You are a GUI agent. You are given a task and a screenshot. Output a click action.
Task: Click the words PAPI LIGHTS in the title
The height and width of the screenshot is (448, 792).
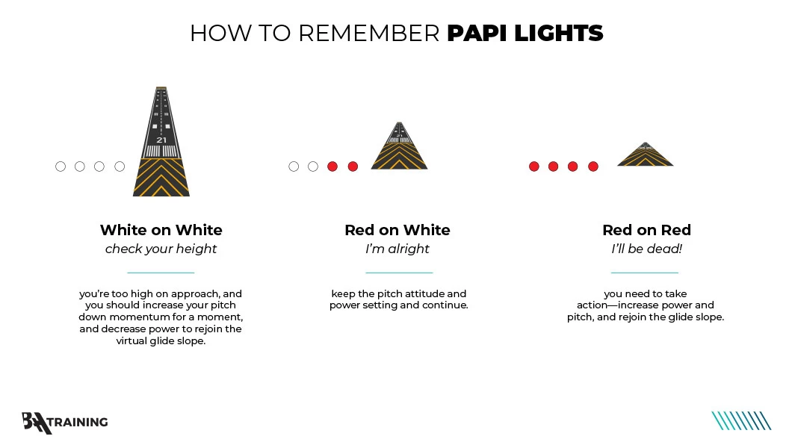525,34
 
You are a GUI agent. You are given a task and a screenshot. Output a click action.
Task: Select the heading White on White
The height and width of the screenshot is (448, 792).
161,230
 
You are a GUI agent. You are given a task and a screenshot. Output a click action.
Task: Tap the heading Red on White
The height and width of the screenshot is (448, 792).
397,230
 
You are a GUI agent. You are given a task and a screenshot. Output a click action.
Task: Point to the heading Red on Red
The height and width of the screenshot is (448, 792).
646,230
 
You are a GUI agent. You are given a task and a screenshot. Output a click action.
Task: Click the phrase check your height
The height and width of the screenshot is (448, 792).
161,249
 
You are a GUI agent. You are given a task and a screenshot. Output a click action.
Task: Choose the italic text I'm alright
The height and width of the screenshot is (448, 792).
397,249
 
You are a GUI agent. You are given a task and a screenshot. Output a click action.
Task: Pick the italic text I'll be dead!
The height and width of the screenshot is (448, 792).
646,249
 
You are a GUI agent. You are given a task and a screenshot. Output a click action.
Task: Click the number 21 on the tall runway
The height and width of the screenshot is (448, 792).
161,140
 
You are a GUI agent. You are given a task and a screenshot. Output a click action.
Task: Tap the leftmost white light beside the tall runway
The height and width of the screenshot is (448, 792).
61,167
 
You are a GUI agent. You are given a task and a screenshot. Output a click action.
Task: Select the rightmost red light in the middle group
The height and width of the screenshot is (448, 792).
353,167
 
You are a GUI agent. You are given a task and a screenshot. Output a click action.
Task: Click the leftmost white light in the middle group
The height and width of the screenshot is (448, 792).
294,167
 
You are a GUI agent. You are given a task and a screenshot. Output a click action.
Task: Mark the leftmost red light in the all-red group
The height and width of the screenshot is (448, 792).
534,167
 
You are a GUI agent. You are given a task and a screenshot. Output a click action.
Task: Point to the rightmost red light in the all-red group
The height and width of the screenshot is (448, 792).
593,167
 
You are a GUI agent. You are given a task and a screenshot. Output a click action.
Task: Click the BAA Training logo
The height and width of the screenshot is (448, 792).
65,423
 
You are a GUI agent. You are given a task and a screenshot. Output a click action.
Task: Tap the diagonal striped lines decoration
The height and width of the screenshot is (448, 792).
741,421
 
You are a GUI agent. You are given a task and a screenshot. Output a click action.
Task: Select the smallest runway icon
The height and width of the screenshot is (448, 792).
646,155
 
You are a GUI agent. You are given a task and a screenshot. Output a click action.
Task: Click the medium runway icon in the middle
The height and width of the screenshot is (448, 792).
399,146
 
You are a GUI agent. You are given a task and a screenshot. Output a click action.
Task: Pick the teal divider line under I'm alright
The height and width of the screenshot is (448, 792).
399,273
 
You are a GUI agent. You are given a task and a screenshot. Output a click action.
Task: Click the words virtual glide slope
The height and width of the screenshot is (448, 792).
161,340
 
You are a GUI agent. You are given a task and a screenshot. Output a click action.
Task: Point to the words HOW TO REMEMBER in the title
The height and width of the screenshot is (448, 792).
315,34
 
